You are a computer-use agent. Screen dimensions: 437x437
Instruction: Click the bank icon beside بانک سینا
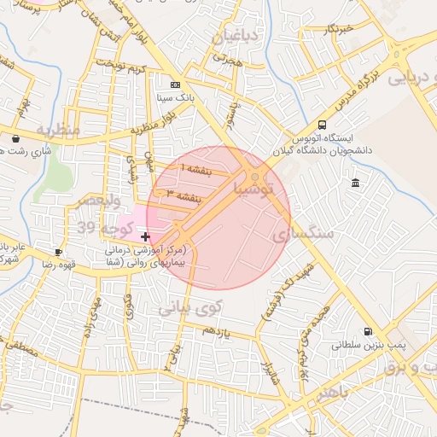tap(176, 84)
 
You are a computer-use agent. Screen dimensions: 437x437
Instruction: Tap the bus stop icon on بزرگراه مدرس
tap(321, 124)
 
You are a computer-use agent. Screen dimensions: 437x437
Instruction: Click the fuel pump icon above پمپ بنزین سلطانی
tap(368, 332)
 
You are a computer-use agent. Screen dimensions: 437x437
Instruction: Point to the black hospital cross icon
tap(146, 236)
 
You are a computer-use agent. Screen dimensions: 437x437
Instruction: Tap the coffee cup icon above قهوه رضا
tap(58, 252)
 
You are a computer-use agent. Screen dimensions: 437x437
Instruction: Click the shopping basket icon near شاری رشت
tap(16, 137)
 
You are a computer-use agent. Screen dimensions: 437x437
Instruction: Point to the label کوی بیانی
tap(192, 306)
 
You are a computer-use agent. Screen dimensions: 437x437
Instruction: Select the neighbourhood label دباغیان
tap(226, 37)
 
